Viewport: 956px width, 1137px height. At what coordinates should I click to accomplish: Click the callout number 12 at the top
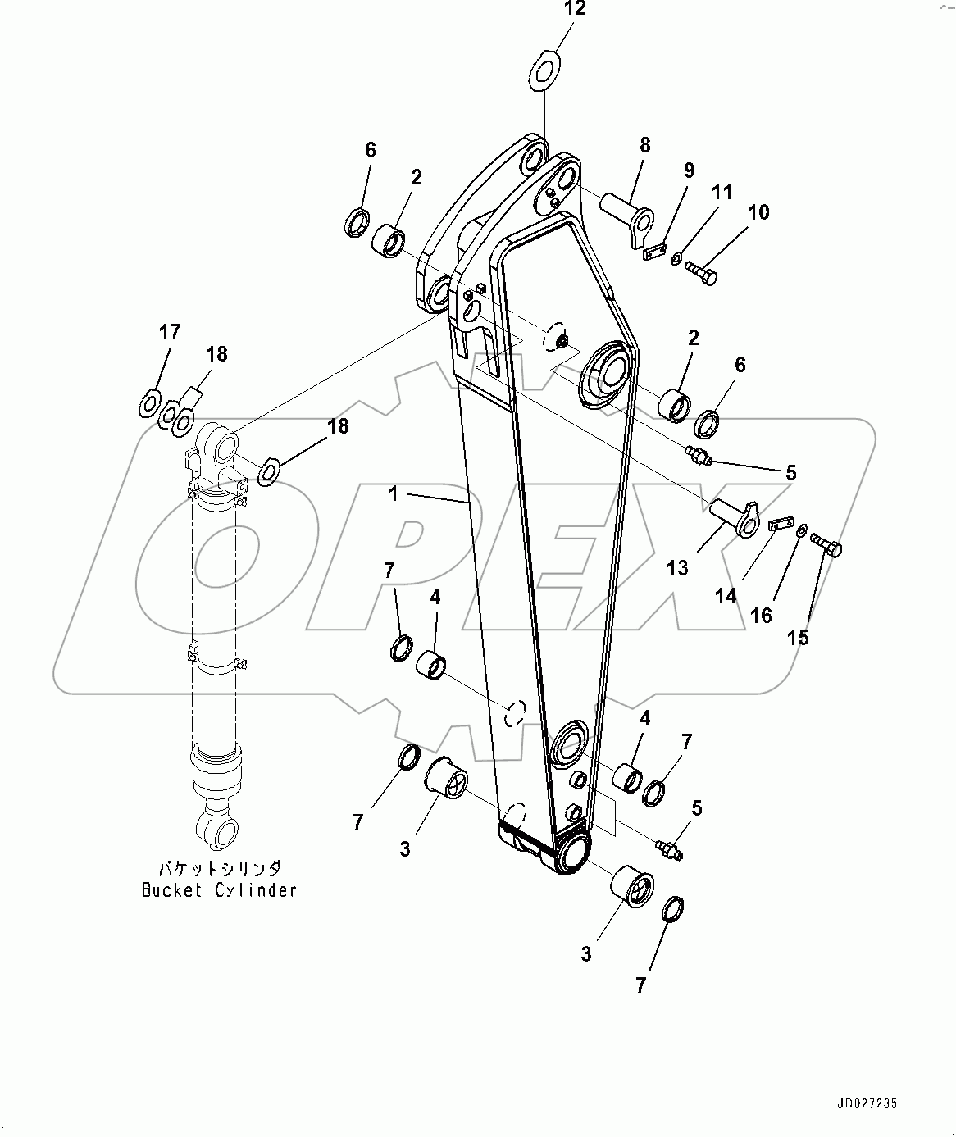[576, 9]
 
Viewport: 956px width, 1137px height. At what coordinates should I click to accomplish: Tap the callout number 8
[645, 145]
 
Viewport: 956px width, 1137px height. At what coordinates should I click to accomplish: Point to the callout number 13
[677, 567]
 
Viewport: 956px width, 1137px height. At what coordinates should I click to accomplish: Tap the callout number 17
[170, 332]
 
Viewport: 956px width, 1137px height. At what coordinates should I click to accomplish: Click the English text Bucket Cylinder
[219, 890]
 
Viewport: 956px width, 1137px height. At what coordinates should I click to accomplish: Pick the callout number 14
[726, 596]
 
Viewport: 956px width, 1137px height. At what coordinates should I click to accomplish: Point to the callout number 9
[689, 170]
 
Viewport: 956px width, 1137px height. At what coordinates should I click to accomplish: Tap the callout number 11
[722, 192]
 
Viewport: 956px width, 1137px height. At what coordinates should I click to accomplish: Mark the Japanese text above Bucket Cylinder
[220, 868]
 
